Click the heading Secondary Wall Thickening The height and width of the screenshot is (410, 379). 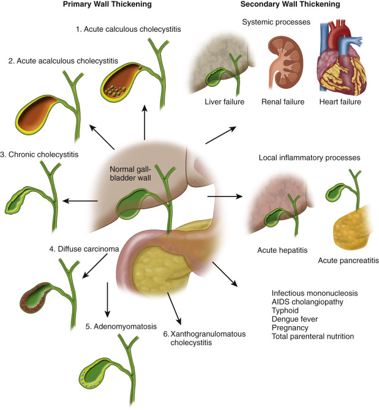pos(290,5)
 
